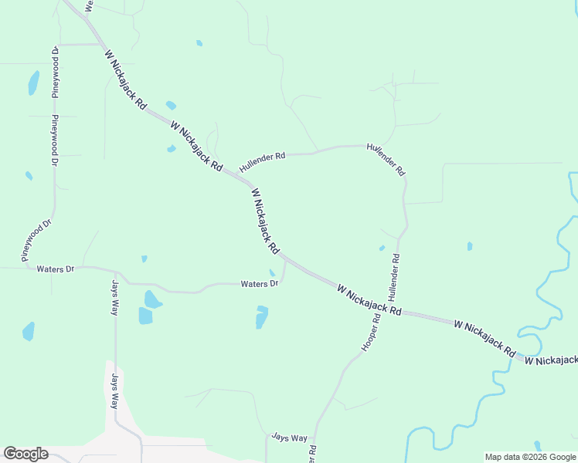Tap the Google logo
[25, 454]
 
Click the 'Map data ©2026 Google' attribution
[531, 457]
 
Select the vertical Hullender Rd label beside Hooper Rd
[395, 278]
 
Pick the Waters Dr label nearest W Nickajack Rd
[259, 284]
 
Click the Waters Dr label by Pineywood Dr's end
[55, 269]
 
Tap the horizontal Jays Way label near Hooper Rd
[289, 438]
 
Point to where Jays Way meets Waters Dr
[115, 272]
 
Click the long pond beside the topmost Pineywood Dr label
[33, 82]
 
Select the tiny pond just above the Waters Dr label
[271, 272]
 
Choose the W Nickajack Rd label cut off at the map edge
[551, 360]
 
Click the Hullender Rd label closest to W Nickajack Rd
[262, 161]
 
